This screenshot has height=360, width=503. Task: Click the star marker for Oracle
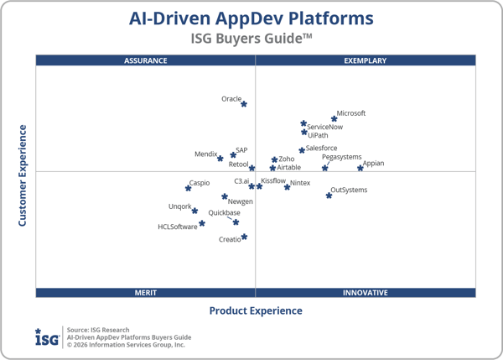coord(244,104)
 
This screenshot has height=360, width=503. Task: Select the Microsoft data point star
coord(334,119)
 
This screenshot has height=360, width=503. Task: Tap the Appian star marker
coord(360,168)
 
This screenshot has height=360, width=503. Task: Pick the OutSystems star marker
coord(329,196)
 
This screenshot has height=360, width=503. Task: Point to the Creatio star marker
coord(244,237)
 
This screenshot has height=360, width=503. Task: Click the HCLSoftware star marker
coord(202,223)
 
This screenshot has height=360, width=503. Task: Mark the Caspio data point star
coord(189,187)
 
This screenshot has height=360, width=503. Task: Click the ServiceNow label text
coord(324,128)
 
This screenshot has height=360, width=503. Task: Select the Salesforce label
coord(321,149)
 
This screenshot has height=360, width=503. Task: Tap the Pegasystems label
coord(341,157)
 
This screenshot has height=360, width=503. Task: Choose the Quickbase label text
coord(224,213)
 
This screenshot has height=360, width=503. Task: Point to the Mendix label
coord(205,154)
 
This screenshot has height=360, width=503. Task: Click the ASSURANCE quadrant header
coord(146,60)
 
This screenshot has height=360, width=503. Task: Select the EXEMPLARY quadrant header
coord(366,60)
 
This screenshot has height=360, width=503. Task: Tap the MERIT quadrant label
coord(146,293)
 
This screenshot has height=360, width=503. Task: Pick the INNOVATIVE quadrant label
coord(366,293)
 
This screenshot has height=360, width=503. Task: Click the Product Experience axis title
coord(256,310)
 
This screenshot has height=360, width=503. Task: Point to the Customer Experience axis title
coord(23,175)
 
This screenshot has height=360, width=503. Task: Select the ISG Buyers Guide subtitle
coord(251,38)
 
